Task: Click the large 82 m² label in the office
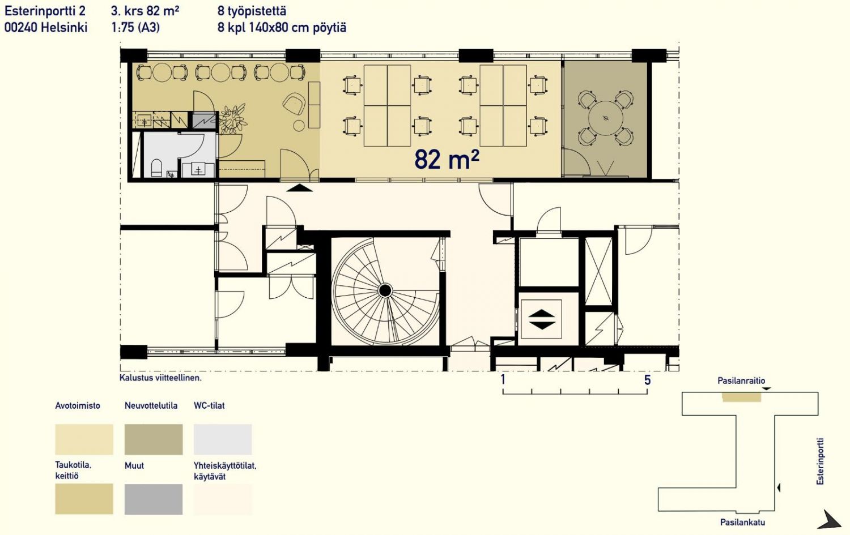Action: click(447, 159)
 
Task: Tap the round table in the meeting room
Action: click(606, 118)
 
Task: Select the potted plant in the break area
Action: click(232, 119)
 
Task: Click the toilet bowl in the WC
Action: click(156, 168)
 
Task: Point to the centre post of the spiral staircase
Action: click(385, 291)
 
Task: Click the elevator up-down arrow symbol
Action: click(542, 319)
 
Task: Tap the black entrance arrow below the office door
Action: click(299, 188)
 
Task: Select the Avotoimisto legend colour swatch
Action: click(84, 439)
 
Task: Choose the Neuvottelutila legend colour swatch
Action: click(154, 439)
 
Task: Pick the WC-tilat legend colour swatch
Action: click(223, 439)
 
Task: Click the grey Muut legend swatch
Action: click(154, 499)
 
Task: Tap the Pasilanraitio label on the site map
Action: click(741, 380)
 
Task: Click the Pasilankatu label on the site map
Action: click(742, 523)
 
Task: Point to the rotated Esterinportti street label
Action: click(821, 461)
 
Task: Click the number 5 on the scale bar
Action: click(647, 380)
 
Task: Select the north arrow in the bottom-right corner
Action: click(831, 520)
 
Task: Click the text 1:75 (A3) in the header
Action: click(135, 28)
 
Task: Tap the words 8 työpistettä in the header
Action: click(252, 11)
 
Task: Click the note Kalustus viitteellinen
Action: click(160, 378)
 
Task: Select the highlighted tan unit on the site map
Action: click(741, 397)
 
